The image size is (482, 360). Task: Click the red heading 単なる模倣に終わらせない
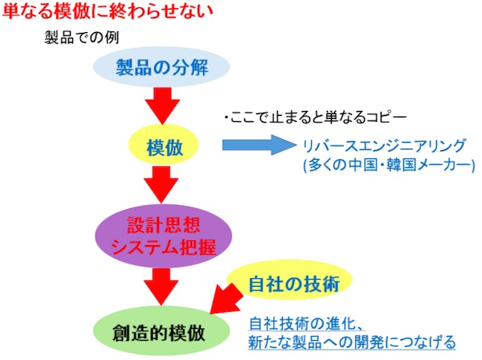coord(108,10)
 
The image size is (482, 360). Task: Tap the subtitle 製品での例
coord(82,38)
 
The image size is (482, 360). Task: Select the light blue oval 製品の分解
coord(161,67)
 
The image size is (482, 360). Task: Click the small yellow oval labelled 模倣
coord(164,145)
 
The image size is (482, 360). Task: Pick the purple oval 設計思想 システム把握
coord(163,235)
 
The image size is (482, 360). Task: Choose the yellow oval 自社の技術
coord(289,280)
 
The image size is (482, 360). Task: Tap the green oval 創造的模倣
coord(161,331)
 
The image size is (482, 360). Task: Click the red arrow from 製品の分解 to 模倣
coord(162,105)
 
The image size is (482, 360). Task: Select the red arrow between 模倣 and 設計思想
coord(161,185)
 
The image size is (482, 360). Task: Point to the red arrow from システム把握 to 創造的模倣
coord(161,287)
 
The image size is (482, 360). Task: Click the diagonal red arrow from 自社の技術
coord(227,299)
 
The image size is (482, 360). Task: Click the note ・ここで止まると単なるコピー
coord(316,117)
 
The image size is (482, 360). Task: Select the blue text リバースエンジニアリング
coord(384,145)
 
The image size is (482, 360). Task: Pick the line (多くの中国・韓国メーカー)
coord(389,165)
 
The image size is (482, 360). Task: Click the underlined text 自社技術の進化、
coord(307,323)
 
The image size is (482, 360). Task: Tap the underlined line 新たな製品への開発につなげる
coord(352,342)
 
